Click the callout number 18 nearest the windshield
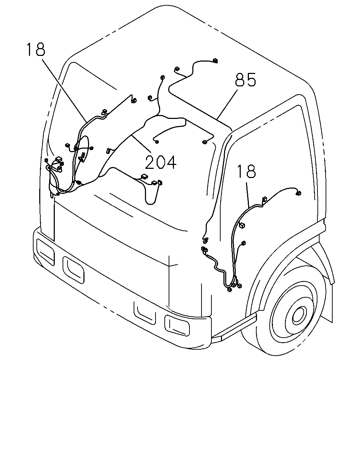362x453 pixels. (36, 50)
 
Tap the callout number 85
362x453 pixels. (245, 80)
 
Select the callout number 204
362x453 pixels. (161, 162)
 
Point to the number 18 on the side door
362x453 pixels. (246, 171)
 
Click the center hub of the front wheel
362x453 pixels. (298, 315)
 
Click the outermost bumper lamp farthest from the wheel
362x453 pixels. (46, 252)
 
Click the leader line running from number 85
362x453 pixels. (227, 104)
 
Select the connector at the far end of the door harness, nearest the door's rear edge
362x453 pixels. (298, 193)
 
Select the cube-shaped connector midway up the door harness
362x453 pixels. (242, 225)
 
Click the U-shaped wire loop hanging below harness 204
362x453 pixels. (151, 204)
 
